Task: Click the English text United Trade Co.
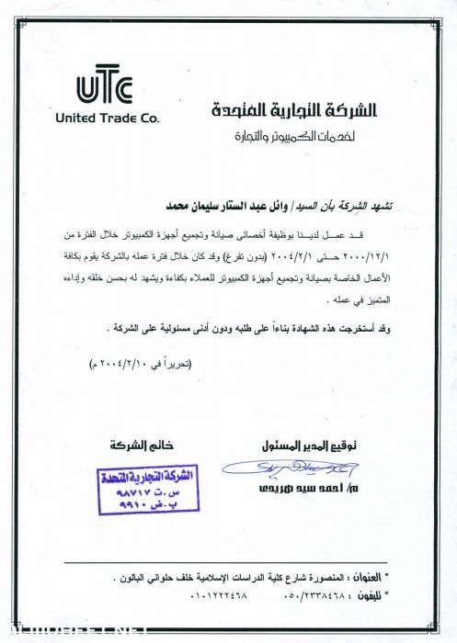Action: tap(107, 118)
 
